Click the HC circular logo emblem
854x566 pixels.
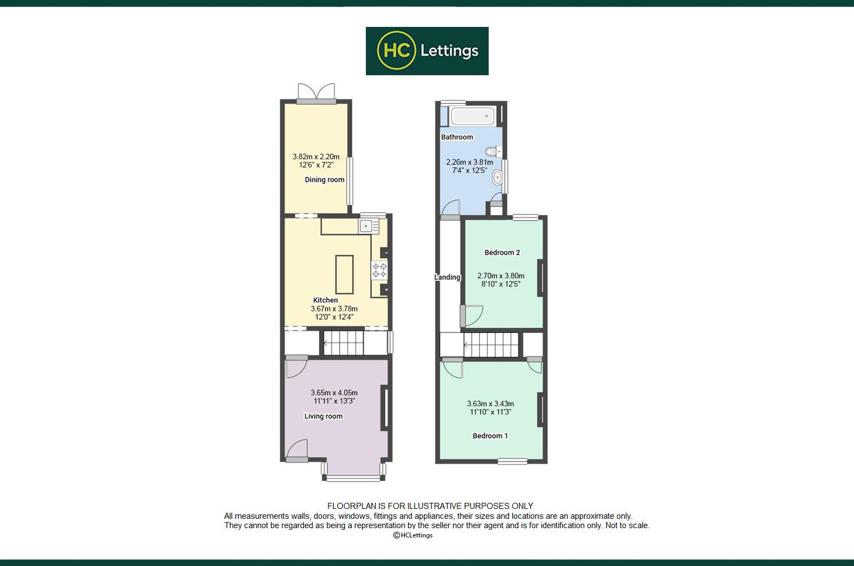click(x=396, y=51)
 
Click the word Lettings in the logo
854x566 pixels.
click(x=449, y=51)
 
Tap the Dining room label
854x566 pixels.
click(x=325, y=180)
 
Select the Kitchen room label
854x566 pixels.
click(x=326, y=300)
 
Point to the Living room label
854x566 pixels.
click(x=323, y=416)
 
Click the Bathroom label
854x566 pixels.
click(x=457, y=137)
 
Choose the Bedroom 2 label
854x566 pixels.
click(x=502, y=253)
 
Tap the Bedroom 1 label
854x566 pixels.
click(x=490, y=436)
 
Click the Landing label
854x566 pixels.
click(x=448, y=277)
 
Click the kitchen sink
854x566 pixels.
click(x=369, y=226)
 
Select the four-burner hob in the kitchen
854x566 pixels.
click(x=380, y=270)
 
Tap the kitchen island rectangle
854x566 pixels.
click(x=344, y=274)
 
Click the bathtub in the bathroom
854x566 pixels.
click(x=473, y=116)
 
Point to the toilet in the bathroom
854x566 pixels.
click(x=494, y=152)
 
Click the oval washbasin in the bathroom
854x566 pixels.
click(x=497, y=178)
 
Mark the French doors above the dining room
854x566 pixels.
click(x=316, y=93)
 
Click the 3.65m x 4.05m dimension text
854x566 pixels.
click(x=334, y=393)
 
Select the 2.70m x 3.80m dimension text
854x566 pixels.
click(x=501, y=276)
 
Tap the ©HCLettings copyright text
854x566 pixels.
click(x=413, y=535)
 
